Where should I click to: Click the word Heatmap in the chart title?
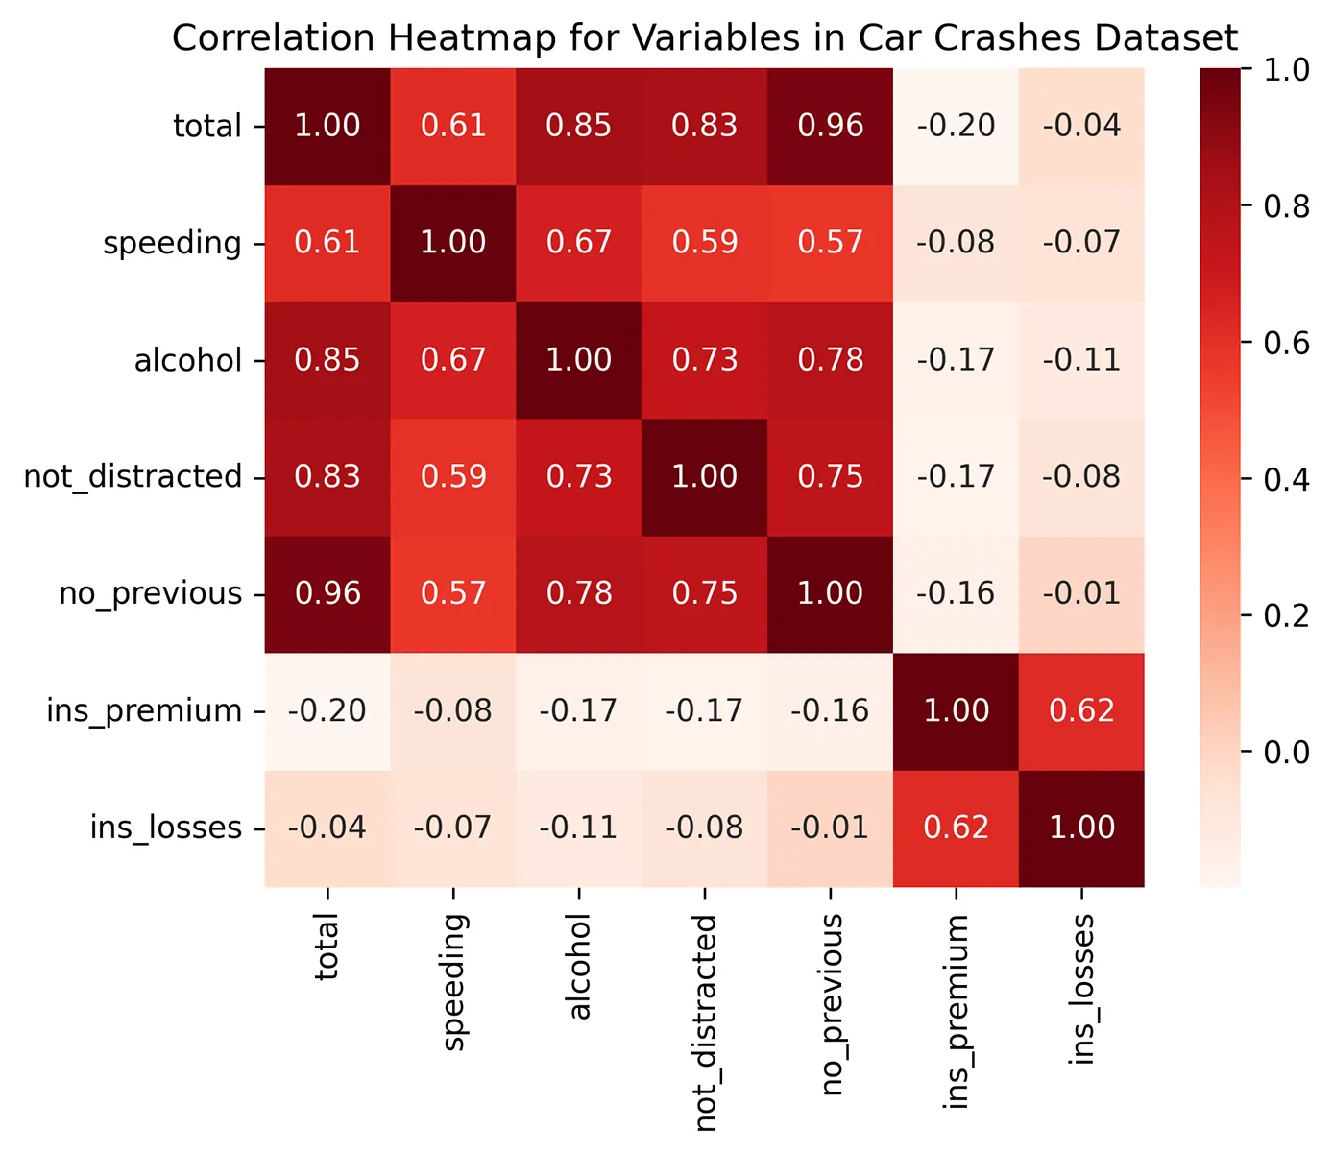point(475,38)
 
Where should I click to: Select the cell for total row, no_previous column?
point(831,126)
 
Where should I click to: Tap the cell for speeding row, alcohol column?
point(579,243)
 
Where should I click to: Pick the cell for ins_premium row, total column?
point(327,710)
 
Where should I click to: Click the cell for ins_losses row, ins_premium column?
point(957,828)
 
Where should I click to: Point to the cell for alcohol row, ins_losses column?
point(1081,360)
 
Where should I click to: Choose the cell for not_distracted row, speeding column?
point(453,477)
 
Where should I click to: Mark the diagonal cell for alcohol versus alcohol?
point(579,360)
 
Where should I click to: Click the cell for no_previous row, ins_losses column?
point(1081,593)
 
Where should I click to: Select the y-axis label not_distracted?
point(133,477)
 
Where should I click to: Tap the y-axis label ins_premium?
point(144,711)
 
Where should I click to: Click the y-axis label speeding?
point(172,244)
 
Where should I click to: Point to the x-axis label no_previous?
point(832,1004)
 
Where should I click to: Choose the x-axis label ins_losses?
point(1082,989)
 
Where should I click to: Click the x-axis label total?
point(327,947)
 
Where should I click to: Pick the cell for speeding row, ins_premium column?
point(957,243)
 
